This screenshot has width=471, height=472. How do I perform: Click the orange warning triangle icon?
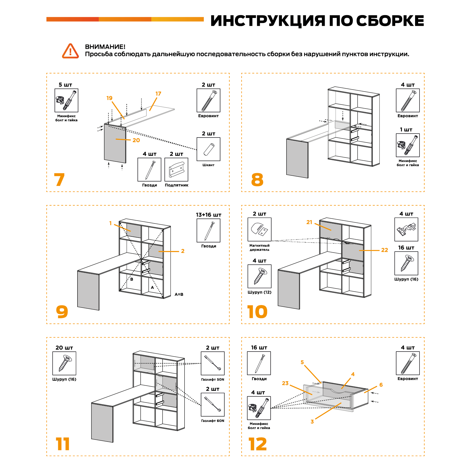(x=70, y=51)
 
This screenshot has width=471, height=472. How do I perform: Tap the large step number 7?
(x=59, y=180)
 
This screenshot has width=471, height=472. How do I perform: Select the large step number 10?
(x=257, y=312)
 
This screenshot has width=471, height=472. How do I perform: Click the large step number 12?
(x=258, y=444)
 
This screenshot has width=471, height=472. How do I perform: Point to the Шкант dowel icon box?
(x=208, y=149)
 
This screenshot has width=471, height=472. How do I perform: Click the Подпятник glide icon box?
(x=176, y=169)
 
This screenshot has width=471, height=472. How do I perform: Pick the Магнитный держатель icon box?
(x=259, y=229)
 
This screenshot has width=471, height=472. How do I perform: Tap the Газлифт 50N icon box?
(x=213, y=363)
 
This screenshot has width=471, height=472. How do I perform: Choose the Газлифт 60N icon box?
(x=213, y=404)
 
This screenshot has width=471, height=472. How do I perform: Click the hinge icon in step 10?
(x=406, y=229)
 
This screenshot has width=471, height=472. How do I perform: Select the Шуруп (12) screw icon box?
(x=259, y=276)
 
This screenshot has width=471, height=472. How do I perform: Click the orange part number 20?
(x=136, y=140)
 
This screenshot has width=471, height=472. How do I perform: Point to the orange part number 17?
(x=158, y=94)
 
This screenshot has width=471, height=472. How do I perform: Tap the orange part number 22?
(x=385, y=250)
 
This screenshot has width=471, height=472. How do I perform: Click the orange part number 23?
(x=285, y=383)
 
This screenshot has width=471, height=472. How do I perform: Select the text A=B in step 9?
(x=179, y=294)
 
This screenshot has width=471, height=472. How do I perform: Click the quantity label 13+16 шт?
(x=208, y=215)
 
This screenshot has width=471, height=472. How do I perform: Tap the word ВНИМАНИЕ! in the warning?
(x=105, y=47)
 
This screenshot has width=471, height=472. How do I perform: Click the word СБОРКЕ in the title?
(x=390, y=21)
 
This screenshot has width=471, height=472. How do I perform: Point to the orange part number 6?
(x=381, y=385)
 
